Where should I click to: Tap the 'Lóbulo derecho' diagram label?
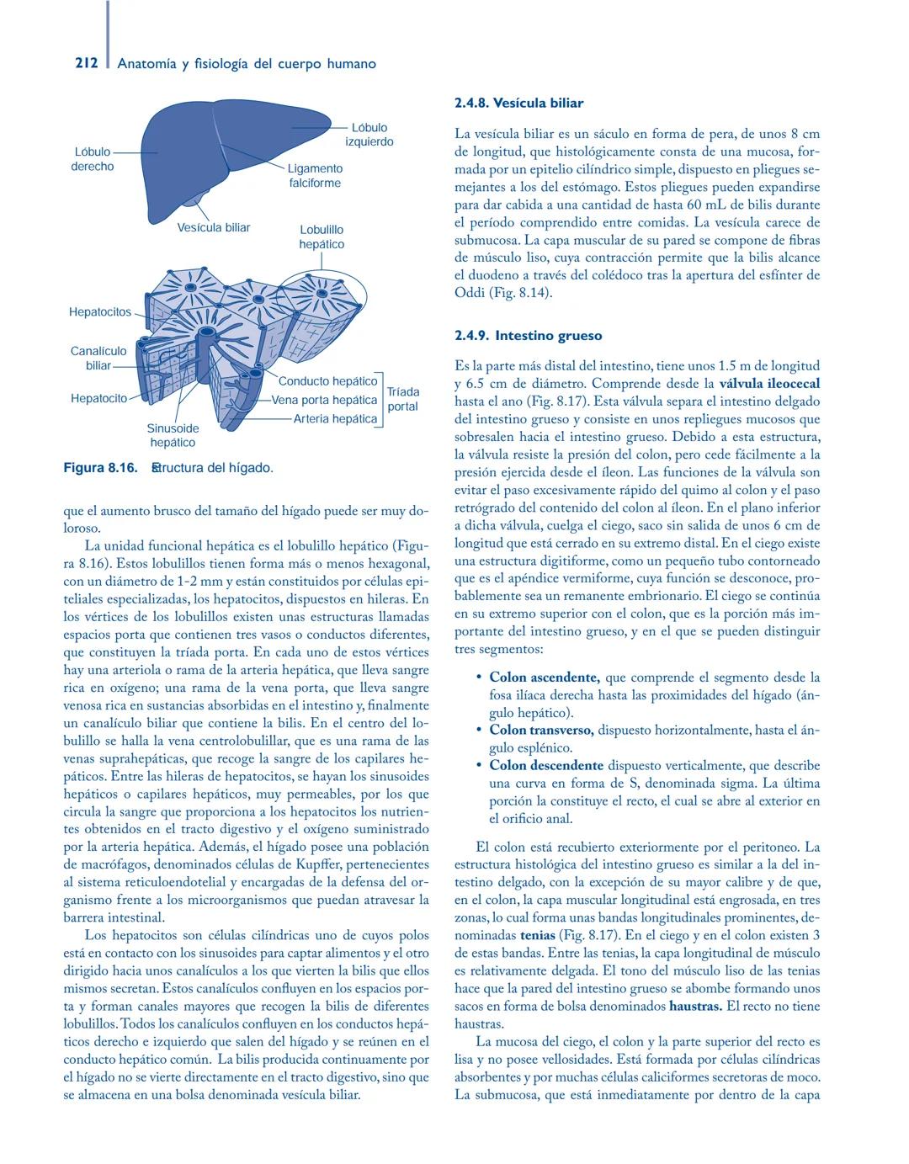click(x=93, y=159)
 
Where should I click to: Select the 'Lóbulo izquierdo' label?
click(x=369, y=135)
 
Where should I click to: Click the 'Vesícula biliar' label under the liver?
click(x=213, y=227)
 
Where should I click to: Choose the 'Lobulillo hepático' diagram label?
click(x=322, y=237)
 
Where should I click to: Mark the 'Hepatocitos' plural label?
click(x=100, y=312)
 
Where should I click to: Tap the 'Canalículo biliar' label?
click(x=98, y=358)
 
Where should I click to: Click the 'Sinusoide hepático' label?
click(x=173, y=435)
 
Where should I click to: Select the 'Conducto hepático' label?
click(x=327, y=381)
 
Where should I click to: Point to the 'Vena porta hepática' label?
click(x=323, y=400)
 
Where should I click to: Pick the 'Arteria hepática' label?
click(x=335, y=418)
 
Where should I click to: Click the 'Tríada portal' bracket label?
click(x=402, y=399)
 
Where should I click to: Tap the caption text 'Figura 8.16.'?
click(x=100, y=467)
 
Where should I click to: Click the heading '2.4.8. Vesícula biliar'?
click(x=518, y=103)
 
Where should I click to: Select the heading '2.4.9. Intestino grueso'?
click(x=528, y=335)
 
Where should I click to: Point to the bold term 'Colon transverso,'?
click(x=541, y=730)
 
